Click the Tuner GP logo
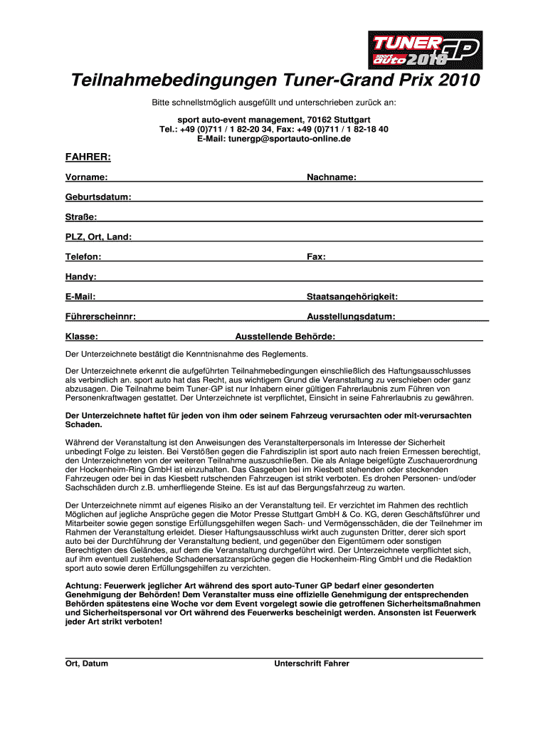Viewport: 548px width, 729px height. [x=424, y=49]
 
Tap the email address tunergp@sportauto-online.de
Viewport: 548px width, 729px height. [x=274, y=139]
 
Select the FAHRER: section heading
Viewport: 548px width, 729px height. [x=88, y=156]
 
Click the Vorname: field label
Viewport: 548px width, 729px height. [x=87, y=177]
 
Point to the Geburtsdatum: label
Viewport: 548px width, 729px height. [x=98, y=196]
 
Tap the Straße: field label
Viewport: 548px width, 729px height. [x=82, y=216]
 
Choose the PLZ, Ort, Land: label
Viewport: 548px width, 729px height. [x=98, y=236]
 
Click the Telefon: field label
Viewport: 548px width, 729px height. [x=83, y=256]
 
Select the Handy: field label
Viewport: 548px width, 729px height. [x=81, y=276]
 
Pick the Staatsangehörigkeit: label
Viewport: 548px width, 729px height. [x=352, y=296]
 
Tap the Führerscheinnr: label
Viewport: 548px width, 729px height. [x=101, y=316]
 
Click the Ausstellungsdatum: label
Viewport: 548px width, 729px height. [x=352, y=316]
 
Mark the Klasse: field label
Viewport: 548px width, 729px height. [x=82, y=337]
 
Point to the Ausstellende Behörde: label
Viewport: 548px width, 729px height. [x=285, y=337]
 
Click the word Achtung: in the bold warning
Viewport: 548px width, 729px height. [x=83, y=584]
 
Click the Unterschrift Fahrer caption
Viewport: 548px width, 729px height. [x=312, y=664]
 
